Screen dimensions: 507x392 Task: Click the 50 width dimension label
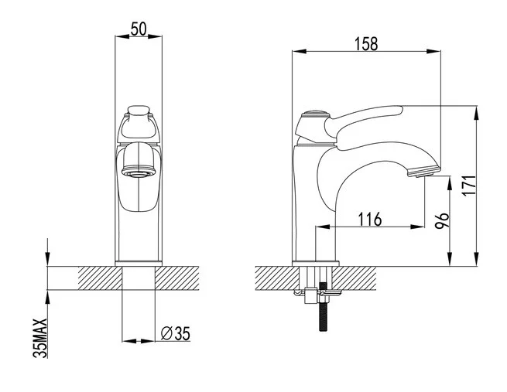point(139,29)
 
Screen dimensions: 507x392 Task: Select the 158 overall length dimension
point(366,44)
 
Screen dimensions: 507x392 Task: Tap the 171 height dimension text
point(469,186)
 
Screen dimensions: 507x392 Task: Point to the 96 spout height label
point(442,220)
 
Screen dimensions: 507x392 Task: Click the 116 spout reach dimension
point(370,220)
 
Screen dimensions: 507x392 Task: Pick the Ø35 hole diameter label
point(176,333)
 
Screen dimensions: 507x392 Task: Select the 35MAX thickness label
point(40,338)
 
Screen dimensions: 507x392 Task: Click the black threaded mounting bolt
point(324,306)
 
